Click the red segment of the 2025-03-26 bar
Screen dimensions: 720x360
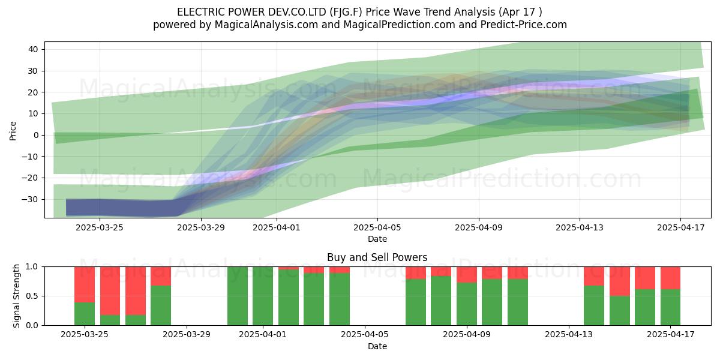[x=110, y=291]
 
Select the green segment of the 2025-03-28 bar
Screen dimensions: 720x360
[x=161, y=305]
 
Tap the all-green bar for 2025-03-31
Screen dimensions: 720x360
[x=238, y=296]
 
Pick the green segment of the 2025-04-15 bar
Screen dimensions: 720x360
[x=620, y=311]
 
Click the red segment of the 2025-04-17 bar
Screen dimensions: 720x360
[x=671, y=278]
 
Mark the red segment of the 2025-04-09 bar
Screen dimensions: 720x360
[x=467, y=275]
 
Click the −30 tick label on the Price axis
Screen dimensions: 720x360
[x=30, y=199]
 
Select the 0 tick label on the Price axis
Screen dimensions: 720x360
[x=36, y=135]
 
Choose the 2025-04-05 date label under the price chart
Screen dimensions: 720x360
[x=377, y=227]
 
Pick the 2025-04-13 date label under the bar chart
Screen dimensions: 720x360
[x=569, y=335]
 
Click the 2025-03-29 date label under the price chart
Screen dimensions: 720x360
[x=201, y=227]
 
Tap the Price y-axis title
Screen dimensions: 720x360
[x=13, y=131]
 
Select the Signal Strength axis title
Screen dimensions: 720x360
[x=16, y=296]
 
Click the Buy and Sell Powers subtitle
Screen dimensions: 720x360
[x=377, y=257]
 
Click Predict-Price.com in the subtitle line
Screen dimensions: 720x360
[x=524, y=25]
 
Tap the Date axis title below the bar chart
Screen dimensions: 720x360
[x=377, y=346]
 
